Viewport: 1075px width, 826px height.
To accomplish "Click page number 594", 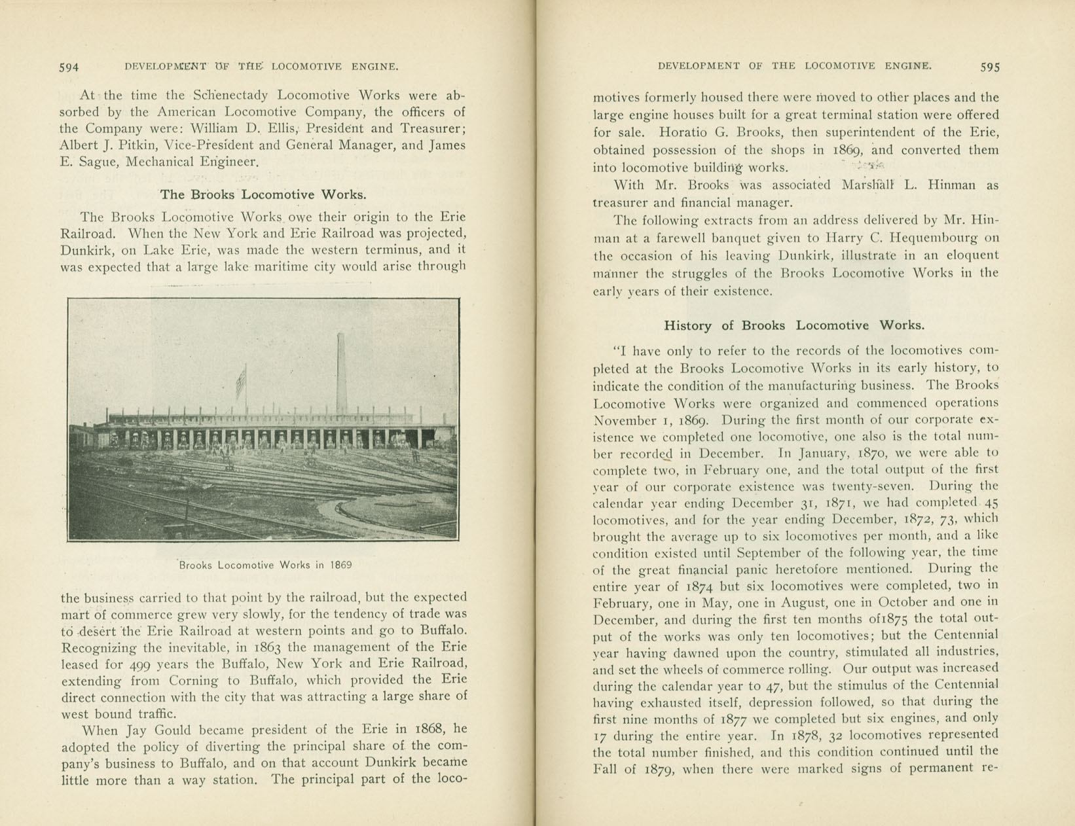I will click(69, 67).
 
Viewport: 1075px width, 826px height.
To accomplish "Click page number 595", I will click(990, 67).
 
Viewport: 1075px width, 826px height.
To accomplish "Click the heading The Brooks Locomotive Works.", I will click(263, 194).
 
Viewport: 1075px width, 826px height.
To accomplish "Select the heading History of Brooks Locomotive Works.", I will click(794, 325).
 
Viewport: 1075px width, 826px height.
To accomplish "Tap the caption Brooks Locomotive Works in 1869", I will click(265, 565).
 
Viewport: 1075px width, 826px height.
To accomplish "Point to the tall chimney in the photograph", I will click(341, 373).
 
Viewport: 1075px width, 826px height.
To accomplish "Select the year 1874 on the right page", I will click(703, 586).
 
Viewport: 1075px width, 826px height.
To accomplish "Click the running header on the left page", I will click(261, 66).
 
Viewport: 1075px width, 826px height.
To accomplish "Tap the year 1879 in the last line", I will click(663, 770).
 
